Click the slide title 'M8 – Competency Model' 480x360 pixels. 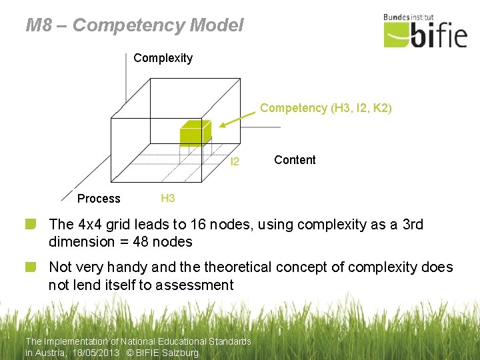point(135,25)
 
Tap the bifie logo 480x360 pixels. point(425,33)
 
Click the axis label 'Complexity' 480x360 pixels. point(163,58)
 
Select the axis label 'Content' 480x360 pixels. point(295,159)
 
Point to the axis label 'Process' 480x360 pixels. point(99,199)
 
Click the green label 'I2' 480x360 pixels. point(235,161)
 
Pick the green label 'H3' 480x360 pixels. point(168,198)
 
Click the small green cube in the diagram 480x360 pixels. point(195,133)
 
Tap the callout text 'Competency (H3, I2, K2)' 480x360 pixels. point(326,108)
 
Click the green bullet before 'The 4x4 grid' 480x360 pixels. point(31,224)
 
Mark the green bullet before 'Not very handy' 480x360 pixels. point(31,267)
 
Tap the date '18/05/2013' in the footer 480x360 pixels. point(97,353)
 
